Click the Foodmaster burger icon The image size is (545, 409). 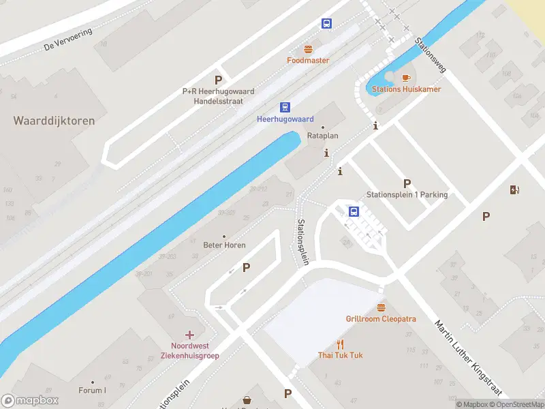click(308, 49)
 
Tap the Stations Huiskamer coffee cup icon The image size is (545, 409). click(407, 78)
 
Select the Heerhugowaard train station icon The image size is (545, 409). click(285, 107)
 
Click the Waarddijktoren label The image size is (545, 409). click(54, 121)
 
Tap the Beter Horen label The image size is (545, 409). click(224, 245)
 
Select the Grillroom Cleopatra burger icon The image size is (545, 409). click(381, 307)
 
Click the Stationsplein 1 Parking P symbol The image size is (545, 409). click(407, 183)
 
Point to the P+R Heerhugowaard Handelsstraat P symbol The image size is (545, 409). click(218, 80)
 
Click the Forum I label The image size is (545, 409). click(92, 391)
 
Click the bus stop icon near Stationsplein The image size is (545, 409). click(354, 211)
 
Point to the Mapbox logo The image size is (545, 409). click(30, 401)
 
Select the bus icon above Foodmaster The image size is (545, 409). click(327, 23)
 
